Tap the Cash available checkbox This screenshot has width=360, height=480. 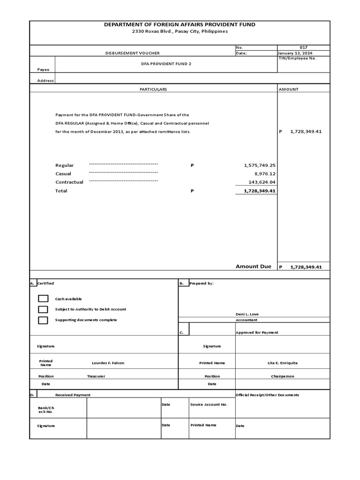click(43, 299)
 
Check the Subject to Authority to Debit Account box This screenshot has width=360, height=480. click(43, 309)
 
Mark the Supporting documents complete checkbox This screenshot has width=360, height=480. click(43, 320)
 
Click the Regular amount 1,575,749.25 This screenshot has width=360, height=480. click(260, 165)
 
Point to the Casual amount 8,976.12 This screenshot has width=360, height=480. click(264, 174)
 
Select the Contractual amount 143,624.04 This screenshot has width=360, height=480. click(262, 182)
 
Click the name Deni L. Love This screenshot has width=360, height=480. click(247, 314)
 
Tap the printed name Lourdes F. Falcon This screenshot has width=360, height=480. click(108, 363)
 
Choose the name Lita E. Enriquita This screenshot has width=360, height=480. click(282, 363)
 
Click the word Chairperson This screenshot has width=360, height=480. click(282, 376)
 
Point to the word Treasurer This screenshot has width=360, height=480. click(96, 376)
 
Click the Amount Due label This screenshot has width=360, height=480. click(253, 266)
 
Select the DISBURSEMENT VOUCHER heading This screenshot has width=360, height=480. click(132, 53)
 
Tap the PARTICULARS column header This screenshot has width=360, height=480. click(153, 89)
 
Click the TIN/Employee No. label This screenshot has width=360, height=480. click(297, 58)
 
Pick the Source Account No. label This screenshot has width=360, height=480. click(209, 404)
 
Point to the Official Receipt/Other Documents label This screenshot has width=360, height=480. click(267, 395)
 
